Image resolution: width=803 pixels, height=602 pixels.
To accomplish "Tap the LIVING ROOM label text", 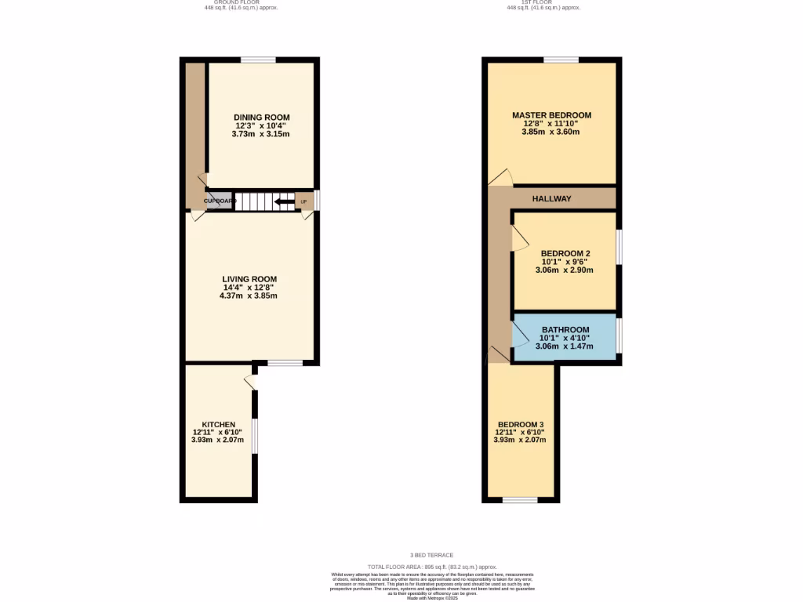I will click(x=249, y=279).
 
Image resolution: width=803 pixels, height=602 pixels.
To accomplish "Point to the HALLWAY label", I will click(x=552, y=199).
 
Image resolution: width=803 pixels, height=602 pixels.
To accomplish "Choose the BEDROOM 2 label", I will click(x=565, y=253).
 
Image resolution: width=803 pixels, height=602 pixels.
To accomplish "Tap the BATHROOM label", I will click(x=565, y=329).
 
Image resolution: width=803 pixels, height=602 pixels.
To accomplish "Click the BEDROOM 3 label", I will click(x=520, y=424).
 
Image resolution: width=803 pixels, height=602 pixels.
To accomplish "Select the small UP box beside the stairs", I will click(x=303, y=202).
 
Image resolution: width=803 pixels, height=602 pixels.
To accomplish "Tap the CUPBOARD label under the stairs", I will click(x=220, y=201).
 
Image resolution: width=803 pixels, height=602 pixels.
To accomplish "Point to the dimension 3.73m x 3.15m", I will click(x=260, y=134).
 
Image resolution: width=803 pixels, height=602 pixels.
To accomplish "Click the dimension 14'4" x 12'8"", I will click(x=249, y=288).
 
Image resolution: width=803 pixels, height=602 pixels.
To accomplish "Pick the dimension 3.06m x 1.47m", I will click(x=565, y=346).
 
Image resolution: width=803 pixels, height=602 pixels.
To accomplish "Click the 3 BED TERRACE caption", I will click(x=431, y=555).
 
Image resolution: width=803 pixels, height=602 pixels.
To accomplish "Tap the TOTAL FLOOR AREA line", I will click(x=433, y=567).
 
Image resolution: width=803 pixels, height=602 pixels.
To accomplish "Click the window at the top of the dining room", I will click(x=257, y=60).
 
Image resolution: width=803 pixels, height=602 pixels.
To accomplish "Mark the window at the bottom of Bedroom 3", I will click(x=520, y=499).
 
